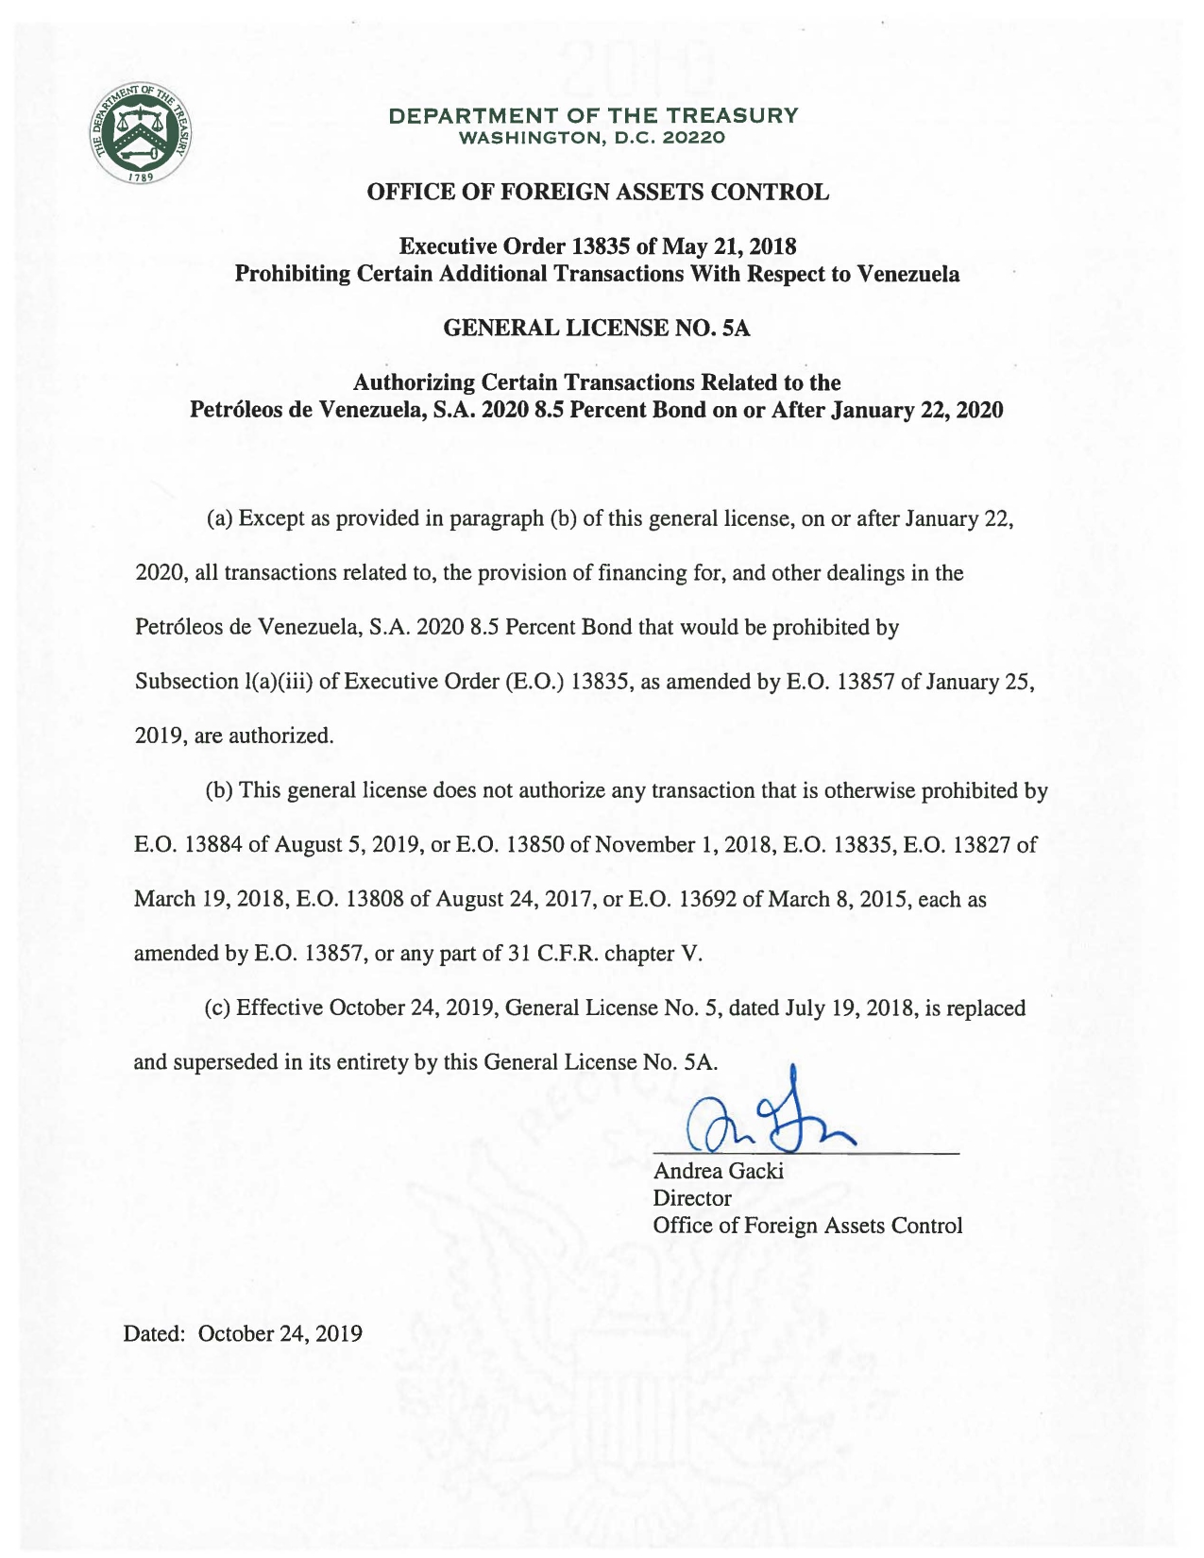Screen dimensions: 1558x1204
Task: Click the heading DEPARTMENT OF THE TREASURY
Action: pos(595,116)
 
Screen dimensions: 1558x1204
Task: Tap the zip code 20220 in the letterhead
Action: pos(694,138)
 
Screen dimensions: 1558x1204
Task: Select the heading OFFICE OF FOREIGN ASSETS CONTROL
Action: pos(598,193)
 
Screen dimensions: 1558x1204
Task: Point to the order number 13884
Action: pos(213,845)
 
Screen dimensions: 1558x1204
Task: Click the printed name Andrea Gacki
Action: pos(719,1172)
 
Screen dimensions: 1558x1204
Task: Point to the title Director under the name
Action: pos(692,1198)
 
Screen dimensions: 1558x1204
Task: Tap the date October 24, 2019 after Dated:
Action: pos(280,1333)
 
